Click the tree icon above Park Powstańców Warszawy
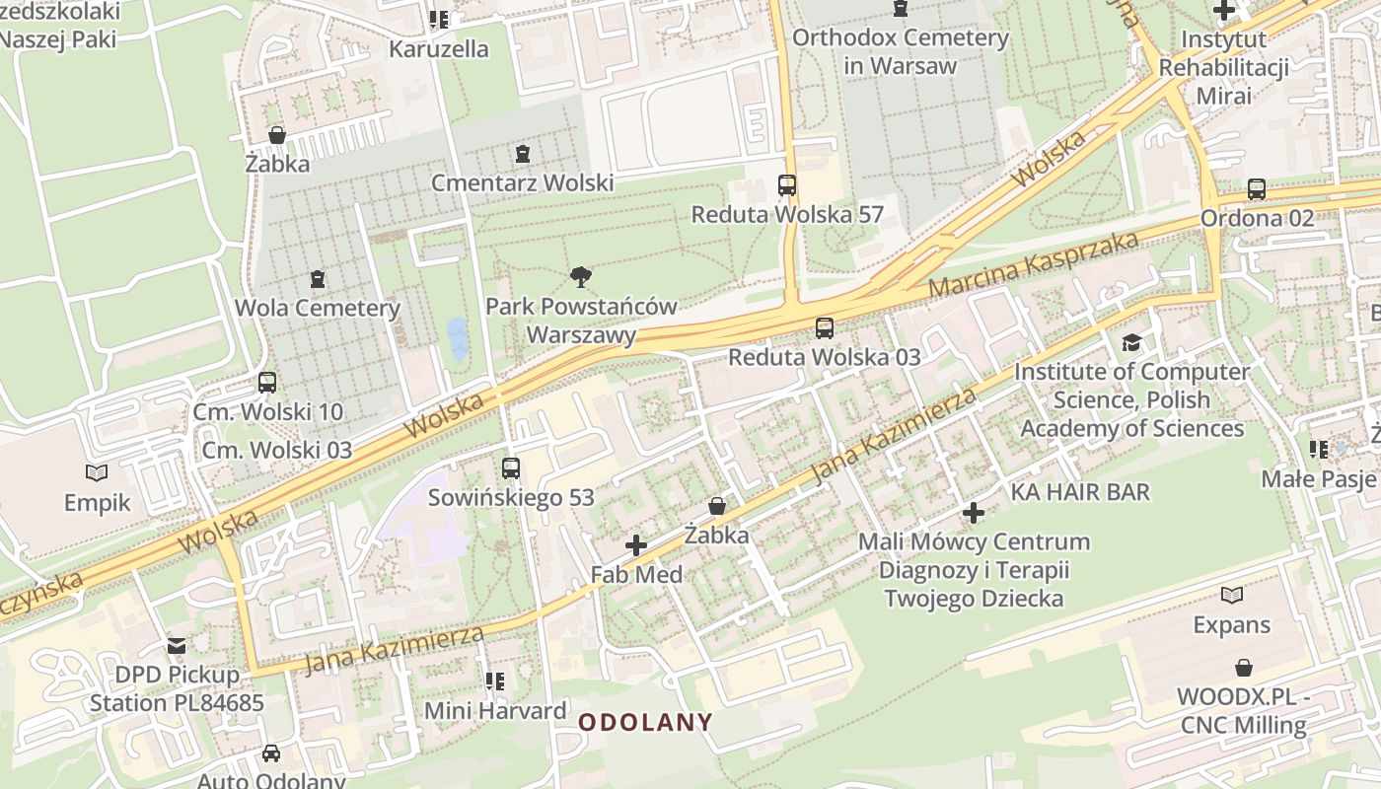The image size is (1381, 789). [x=581, y=277]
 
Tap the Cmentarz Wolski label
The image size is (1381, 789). [x=522, y=182]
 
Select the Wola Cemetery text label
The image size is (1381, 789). [x=317, y=308]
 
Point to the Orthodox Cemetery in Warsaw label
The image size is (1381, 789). [x=900, y=52]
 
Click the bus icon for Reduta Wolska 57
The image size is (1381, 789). [x=787, y=184]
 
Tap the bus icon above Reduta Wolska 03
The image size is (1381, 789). [x=825, y=328]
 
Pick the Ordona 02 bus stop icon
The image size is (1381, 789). [x=1256, y=189]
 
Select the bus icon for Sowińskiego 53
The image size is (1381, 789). [x=511, y=468]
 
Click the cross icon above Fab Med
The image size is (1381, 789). [x=636, y=544]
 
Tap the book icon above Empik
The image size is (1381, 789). [x=97, y=473]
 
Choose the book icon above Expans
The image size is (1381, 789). [x=1231, y=595]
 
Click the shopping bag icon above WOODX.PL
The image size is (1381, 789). [x=1243, y=668]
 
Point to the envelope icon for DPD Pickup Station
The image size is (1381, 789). [x=177, y=646]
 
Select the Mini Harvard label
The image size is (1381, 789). [x=495, y=710]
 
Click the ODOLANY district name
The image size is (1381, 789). [x=645, y=722]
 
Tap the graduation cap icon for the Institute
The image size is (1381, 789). [x=1131, y=342]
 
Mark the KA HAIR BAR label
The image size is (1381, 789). [x=1080, y=491]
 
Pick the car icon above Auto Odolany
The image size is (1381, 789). [x=270, y=753]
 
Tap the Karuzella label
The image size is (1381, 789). [x=438, y=48]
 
